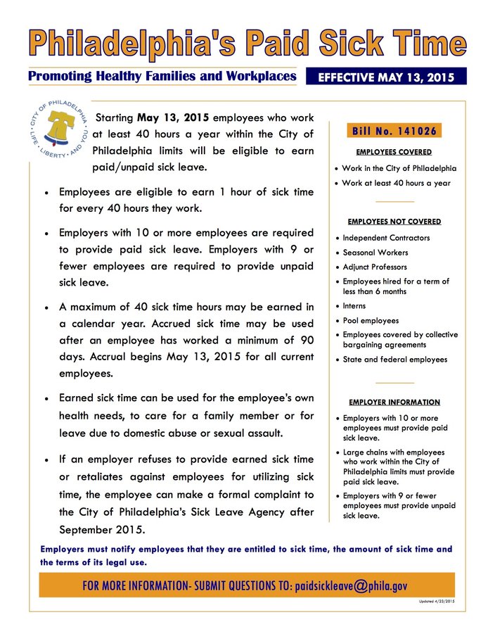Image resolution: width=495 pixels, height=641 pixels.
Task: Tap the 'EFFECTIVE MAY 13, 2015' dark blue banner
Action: click(387, 77)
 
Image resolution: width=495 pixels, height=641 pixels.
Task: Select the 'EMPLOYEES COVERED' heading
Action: click(394, 152)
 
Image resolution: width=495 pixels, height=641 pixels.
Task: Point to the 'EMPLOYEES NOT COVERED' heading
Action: click(394, 222)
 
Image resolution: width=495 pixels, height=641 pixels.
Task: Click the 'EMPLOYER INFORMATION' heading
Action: click(394, 402)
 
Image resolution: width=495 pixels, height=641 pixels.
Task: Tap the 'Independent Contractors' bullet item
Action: click(386, 238)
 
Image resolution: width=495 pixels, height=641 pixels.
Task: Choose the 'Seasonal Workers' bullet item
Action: click(375, 253)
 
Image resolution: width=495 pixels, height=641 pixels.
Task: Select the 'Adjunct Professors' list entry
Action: click(374, 267)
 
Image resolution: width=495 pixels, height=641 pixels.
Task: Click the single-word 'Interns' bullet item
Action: click(354, 306)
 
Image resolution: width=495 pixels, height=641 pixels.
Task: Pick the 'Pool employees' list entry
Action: click(370, 320)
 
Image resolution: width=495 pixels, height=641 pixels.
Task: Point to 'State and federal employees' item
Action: click(394, 360)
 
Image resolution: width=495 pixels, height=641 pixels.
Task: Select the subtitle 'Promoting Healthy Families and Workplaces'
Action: click(161, 76)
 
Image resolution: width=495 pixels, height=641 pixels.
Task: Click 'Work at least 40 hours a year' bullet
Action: click(396, 183)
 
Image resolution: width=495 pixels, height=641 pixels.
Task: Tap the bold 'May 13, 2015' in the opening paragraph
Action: click(172, 118)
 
